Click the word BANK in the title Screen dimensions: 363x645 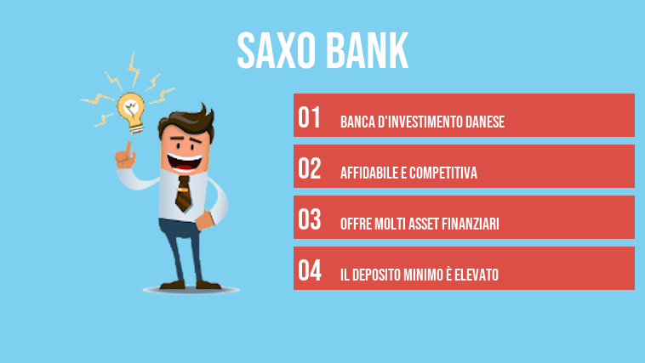pos(366,51)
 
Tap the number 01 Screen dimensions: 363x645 pos(310,117)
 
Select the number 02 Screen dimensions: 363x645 pos(310,168)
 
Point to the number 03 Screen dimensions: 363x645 pos(310,219)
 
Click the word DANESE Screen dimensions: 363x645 pos(484,122)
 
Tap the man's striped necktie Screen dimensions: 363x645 pos(183,192)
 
